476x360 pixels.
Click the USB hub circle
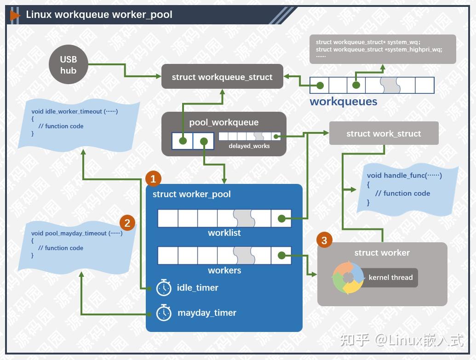tap(68, 65)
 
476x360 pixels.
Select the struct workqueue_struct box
tap(222, 77)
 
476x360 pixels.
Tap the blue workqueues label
tap(343, 102)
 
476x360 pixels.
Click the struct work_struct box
tap(384, 133)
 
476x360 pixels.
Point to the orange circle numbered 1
tap(153, 178)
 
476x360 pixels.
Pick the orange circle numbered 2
tap(127, 223)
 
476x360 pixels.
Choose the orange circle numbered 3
tap(324, 240)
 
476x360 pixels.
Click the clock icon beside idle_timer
tap(164, 288)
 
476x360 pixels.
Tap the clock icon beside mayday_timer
tap(164, 313)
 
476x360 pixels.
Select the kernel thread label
tap(390, 277)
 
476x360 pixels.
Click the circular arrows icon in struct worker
tap(348, 278)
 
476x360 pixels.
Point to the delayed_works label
tap(249, 146)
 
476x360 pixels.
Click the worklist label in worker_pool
tap(224, 233)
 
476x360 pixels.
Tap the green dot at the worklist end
tap(281, 219)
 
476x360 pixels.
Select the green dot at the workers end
tap(281, 256)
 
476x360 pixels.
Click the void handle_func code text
tap(404, 175)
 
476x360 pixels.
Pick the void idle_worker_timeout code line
tap(75, 111)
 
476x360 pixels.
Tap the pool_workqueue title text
tap(224, 122)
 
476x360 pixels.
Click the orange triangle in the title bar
tap(15, 15)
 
